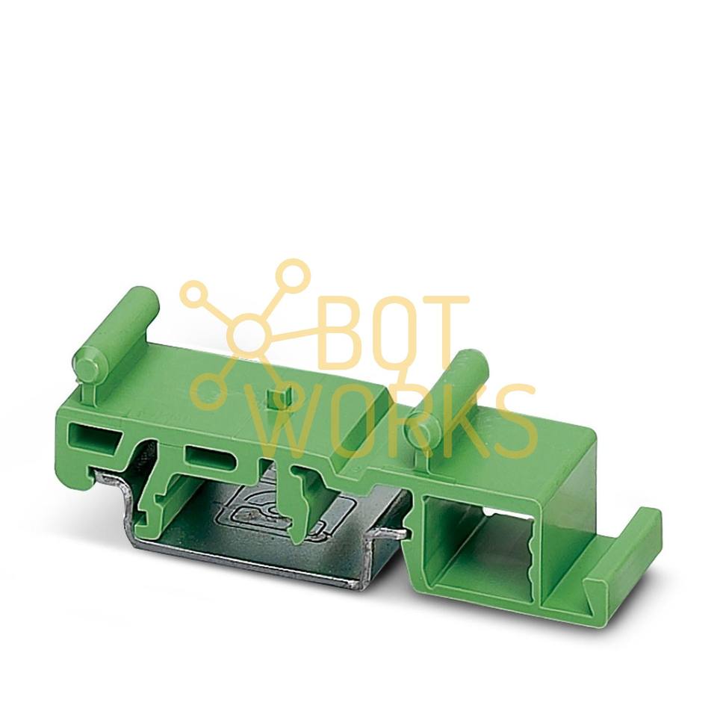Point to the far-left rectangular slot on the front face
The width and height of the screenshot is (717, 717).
point(95,435)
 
